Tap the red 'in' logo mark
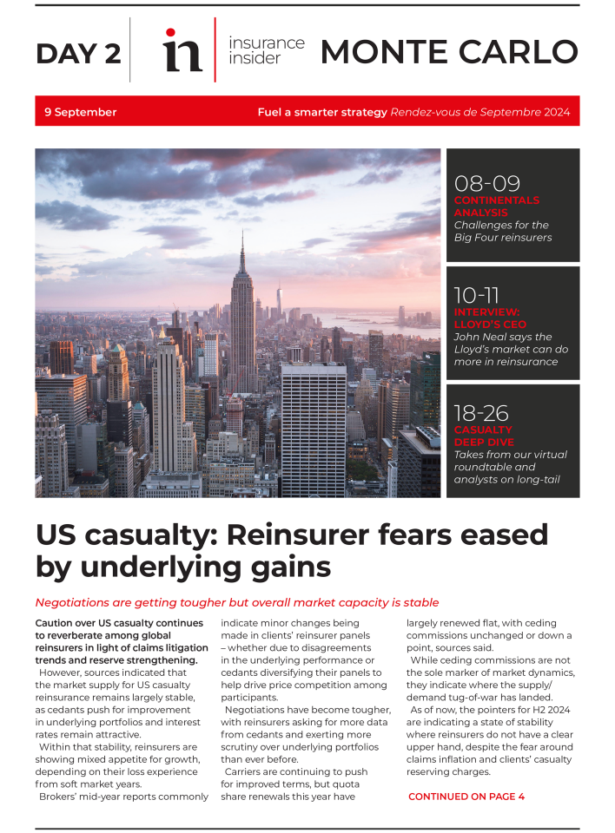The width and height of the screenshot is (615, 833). pyautogui.click(x=182, y=50)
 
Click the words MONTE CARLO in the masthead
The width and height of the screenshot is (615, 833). pyautogui.click(x=448, y=51)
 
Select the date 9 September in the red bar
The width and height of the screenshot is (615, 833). pyautogui.click(x=81, y=112)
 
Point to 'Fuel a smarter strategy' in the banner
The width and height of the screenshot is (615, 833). pyautogui.click(x=322, y=112)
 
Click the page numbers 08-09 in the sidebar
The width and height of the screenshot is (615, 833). pyautogui.click(x=486, y=183)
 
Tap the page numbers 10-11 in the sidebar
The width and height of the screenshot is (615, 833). pyautogui.click(x=477, y=295)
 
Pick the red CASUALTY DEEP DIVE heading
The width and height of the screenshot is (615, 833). pyautogui.click(x=484, y=436)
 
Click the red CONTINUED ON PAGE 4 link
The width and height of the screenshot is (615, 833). pyautogui.click(x=466, y=797)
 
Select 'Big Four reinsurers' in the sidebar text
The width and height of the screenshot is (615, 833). pyautogui.click(x=502, y=238)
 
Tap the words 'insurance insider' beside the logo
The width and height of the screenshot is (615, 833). pyautogui.click(x=267, y=50)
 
